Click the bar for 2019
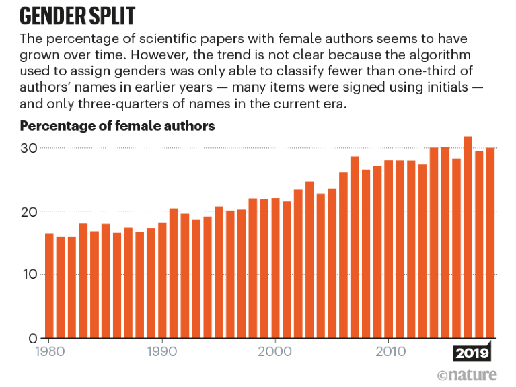coord(490,242)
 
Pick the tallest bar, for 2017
coord(468,236)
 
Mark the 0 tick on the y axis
coord(31,337)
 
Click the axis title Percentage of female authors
coord(118,126)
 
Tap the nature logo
coord(468,374)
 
